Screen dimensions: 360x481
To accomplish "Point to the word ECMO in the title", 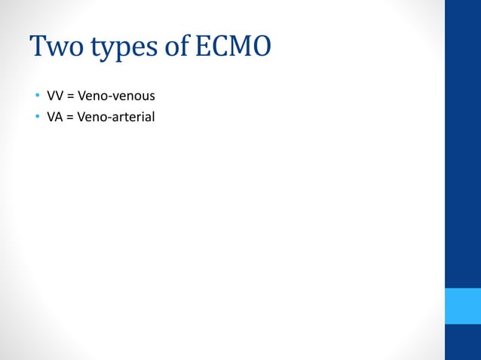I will [233, 47].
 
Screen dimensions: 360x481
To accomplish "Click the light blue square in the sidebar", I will [463, 305].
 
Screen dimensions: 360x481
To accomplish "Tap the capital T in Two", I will [39, 47].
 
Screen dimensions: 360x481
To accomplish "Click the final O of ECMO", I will [260, 47].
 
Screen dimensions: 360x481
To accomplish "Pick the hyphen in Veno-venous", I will [113, 98].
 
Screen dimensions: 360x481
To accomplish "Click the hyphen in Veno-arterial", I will [113, 117].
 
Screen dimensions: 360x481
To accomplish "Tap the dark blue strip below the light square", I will [463, 342].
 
